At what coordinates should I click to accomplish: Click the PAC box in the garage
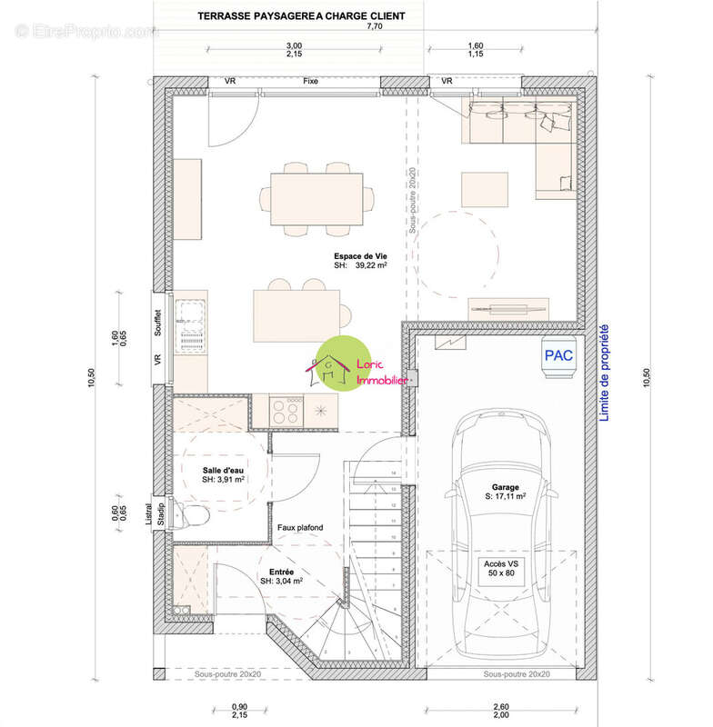click(x=558, y=355)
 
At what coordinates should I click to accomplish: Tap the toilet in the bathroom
click(x=194, y=516)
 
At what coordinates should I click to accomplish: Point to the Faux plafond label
click(x=299, y=527)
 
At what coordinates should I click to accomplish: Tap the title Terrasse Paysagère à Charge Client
click(x=288, y=16)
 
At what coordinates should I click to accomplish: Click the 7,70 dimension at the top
click(x=374, y=28)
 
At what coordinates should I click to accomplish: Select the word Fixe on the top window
click(x=310, y=82)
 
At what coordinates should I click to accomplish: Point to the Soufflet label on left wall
click(x=158, y=323)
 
